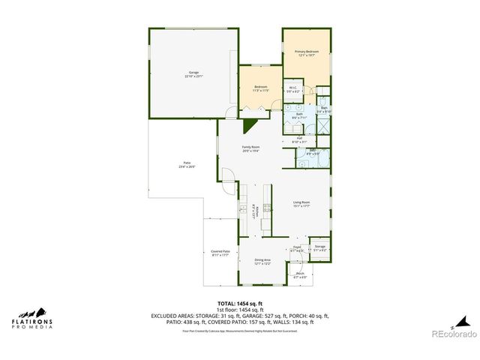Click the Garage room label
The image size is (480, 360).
pos(193,74)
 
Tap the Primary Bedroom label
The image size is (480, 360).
pos(307,53)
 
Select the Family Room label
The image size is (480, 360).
pos(250,148)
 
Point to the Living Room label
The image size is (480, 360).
pos(301,204)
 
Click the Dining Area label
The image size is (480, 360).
pos(262,262)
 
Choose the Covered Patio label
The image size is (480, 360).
pos(220,253)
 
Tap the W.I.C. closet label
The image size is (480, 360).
pos(293,89)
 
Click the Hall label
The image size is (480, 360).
pos(299,139)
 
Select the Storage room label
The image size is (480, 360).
pos(320,247)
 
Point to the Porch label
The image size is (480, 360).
pos(300,275)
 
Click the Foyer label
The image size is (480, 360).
pos(297,248)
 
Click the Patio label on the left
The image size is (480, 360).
pos(186,165)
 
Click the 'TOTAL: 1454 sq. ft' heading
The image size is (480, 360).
pos(239,304)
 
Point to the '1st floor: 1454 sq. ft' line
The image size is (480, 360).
pos(239,310)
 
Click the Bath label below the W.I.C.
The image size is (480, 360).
pos(298,116)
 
